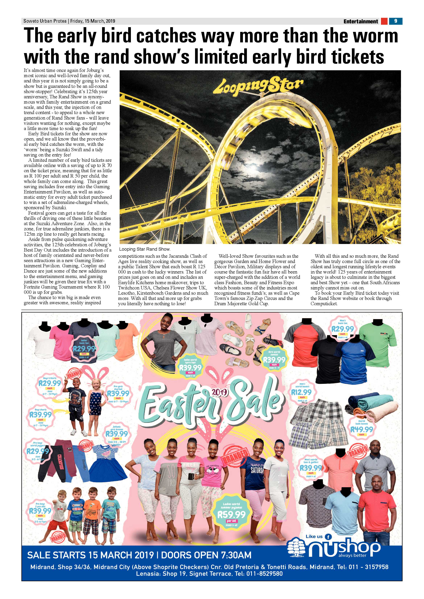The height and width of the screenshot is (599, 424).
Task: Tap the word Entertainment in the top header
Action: coord(361,21)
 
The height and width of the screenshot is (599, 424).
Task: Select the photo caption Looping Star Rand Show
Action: coord(145,249)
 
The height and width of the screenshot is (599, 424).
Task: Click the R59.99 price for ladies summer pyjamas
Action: coord(231,514)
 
